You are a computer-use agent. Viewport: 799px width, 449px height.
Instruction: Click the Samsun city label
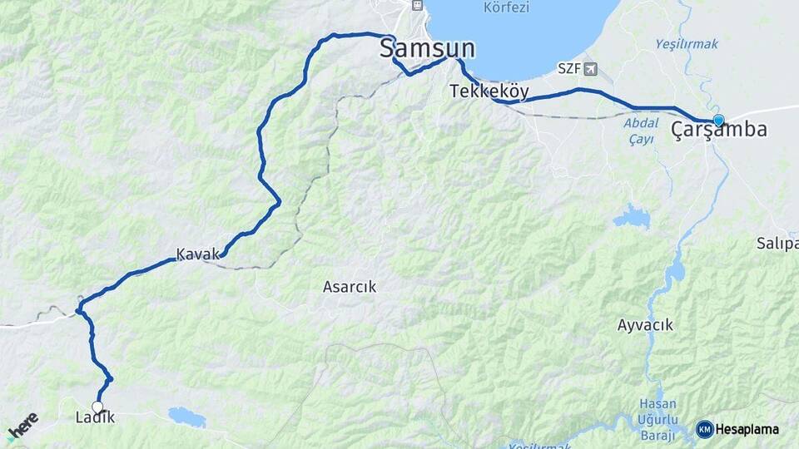(427, 48)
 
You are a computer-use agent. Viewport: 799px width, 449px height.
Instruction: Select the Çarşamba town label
(719, 131)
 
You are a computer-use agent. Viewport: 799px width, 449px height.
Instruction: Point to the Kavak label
(196, 253)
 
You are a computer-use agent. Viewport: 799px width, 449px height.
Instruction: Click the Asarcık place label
(350, 287)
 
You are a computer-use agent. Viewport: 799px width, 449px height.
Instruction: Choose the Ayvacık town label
(645, 325)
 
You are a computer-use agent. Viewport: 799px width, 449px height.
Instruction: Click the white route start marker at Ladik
(97, 407)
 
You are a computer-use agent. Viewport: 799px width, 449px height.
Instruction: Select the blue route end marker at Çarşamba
(718, 121)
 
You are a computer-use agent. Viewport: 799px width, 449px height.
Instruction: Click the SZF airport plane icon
(591, 68)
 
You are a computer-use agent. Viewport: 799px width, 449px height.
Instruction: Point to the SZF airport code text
(568, 68)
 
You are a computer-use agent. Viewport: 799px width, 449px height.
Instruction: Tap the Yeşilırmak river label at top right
(686, 43)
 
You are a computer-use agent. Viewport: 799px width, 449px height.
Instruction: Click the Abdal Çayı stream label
(639, 131)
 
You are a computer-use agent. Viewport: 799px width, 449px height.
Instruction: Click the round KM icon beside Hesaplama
(704, 429)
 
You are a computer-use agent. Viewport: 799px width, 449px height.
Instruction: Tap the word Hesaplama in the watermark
(747, 430)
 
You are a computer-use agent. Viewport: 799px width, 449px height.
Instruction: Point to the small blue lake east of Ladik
(186, 417)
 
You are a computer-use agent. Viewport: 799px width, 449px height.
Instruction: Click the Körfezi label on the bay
(507, 7)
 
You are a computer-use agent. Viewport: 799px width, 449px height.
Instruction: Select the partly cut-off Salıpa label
(777, 243)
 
